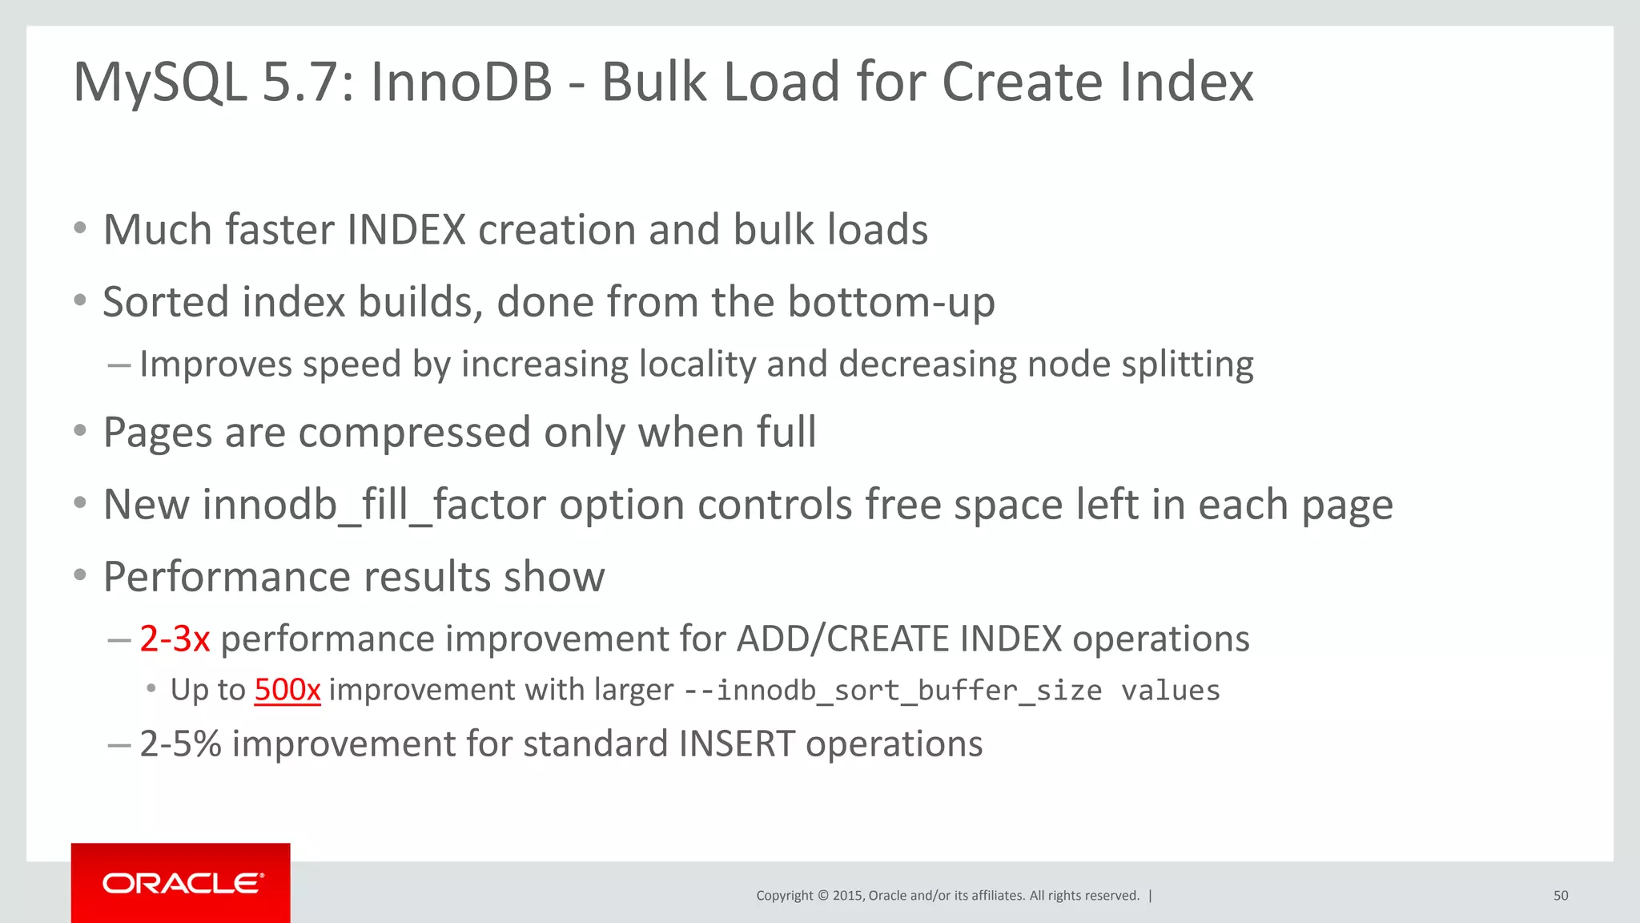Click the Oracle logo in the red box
pyautogui.click(x=182, y=883)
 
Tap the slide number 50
pyautogui.click(x=1560, y=896)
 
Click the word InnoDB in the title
pyautogui.click(x=461, y=82)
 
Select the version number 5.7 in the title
pyautogui.click(x=307, y=82)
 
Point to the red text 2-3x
pyautogui.click(x=175, y=639)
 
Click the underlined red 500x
pyautogui.click(x=287, y=690)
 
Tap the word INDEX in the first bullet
pyautogui.click(x=406, y=230)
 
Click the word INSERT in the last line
pyautogui.click(x=737, y=744)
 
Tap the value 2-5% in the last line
pyautogui.click(x=180, y=744)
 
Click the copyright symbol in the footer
pyautogui.click(x=822, y=896)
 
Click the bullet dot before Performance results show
pyautogui.click(x=79, y=575)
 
